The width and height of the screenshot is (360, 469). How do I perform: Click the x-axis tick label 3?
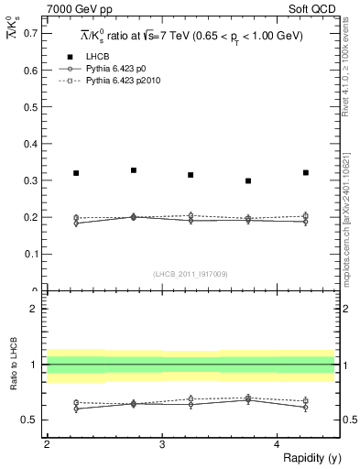[162, 444]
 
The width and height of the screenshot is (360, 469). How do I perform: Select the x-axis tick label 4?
[278, 444]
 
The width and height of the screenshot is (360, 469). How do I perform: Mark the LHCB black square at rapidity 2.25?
[76, 173]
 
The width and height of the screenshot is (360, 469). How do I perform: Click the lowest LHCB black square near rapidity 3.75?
[248, 181]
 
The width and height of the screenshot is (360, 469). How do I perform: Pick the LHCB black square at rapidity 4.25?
[306, 172]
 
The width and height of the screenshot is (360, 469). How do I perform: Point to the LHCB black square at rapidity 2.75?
[134, 170]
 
